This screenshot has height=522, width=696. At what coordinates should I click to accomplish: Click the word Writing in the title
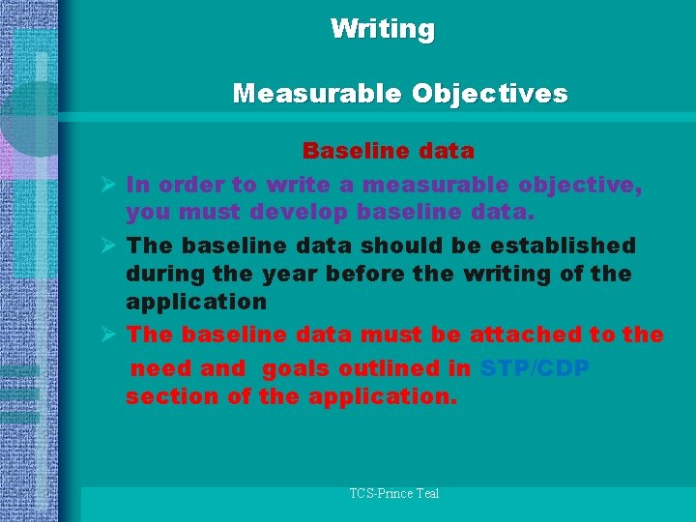383,29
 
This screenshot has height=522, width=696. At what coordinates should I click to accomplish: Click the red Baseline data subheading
388,151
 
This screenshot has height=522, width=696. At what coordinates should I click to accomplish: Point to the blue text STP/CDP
535,368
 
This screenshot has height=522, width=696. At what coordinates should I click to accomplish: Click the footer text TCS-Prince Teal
394,493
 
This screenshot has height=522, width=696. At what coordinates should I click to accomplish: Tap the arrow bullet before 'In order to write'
109,184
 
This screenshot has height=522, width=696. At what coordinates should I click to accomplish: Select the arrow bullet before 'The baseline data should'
109,246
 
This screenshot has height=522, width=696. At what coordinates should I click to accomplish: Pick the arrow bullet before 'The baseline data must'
109,334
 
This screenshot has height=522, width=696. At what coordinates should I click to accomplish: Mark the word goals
296,368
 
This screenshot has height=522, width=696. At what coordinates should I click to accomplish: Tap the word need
160,368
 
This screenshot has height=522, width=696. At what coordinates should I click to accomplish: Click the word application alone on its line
196,302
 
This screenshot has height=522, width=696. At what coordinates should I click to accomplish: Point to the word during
162,274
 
